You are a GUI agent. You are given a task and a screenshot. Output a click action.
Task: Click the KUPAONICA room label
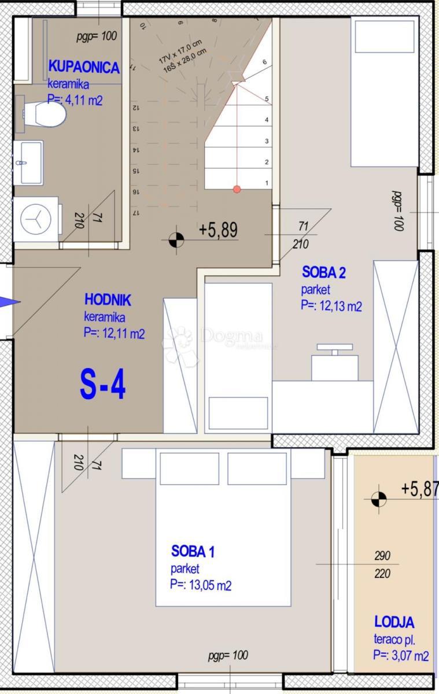click(x=84, y=67)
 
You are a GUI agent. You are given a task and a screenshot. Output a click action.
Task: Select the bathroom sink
click(x=28, y=163)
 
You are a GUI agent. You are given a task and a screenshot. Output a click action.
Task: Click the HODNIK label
click(x=108, y=300)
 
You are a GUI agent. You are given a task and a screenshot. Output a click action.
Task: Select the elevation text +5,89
click(x=218, y=230)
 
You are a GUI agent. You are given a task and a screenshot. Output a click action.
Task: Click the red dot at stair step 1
click(x=237, y=189)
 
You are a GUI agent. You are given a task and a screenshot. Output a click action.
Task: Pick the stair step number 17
click(x=137, y=213)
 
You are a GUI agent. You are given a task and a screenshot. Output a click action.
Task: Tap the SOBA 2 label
click(x=324, y=272)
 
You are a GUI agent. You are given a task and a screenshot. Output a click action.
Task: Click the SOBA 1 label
click(x=193, y=551)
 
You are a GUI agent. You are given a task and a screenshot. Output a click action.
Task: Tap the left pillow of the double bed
click(x=189, y=468)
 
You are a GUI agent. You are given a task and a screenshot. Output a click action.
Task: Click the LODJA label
click(x=394, y=622)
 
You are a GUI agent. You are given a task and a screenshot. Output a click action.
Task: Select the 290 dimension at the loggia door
click(x=382, y=556)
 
